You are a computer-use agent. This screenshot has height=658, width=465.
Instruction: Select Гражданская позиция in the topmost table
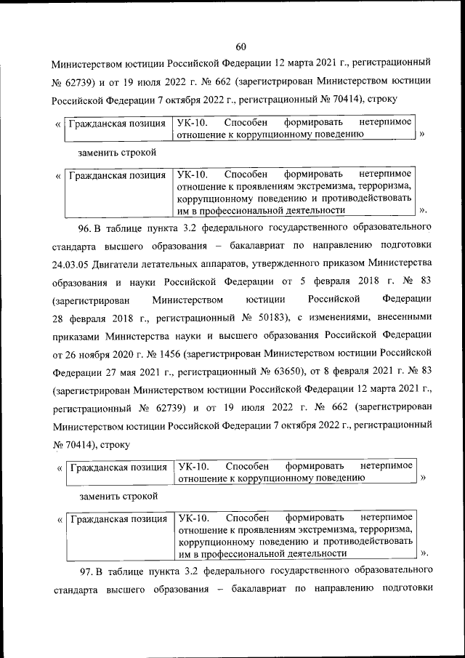pos(116,124)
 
